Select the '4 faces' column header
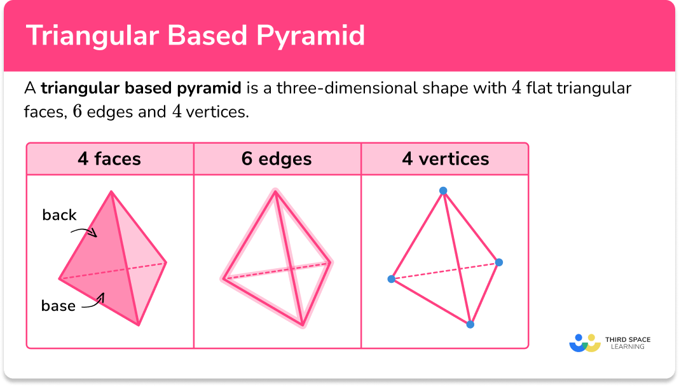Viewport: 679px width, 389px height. pos(110,158)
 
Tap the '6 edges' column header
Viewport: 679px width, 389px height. pos(277,158)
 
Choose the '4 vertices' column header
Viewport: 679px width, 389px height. pos(445,158)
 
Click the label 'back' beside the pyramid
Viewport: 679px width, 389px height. pos(59,215)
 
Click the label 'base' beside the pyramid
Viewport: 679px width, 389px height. pos(58,306)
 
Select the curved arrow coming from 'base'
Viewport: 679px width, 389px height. pos(93,301)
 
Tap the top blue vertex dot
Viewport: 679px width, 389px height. pos(443,191)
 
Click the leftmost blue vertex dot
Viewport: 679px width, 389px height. pos(391,279)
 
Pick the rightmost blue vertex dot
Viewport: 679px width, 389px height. pos(499,262)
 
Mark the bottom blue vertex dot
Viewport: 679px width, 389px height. pos(470,324)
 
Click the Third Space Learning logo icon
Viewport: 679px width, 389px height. pos(585,343)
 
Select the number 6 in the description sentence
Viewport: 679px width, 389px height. pos(78,112)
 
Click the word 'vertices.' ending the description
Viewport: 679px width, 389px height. pos(219,112)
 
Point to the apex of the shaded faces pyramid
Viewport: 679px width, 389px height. pos(111,191)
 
